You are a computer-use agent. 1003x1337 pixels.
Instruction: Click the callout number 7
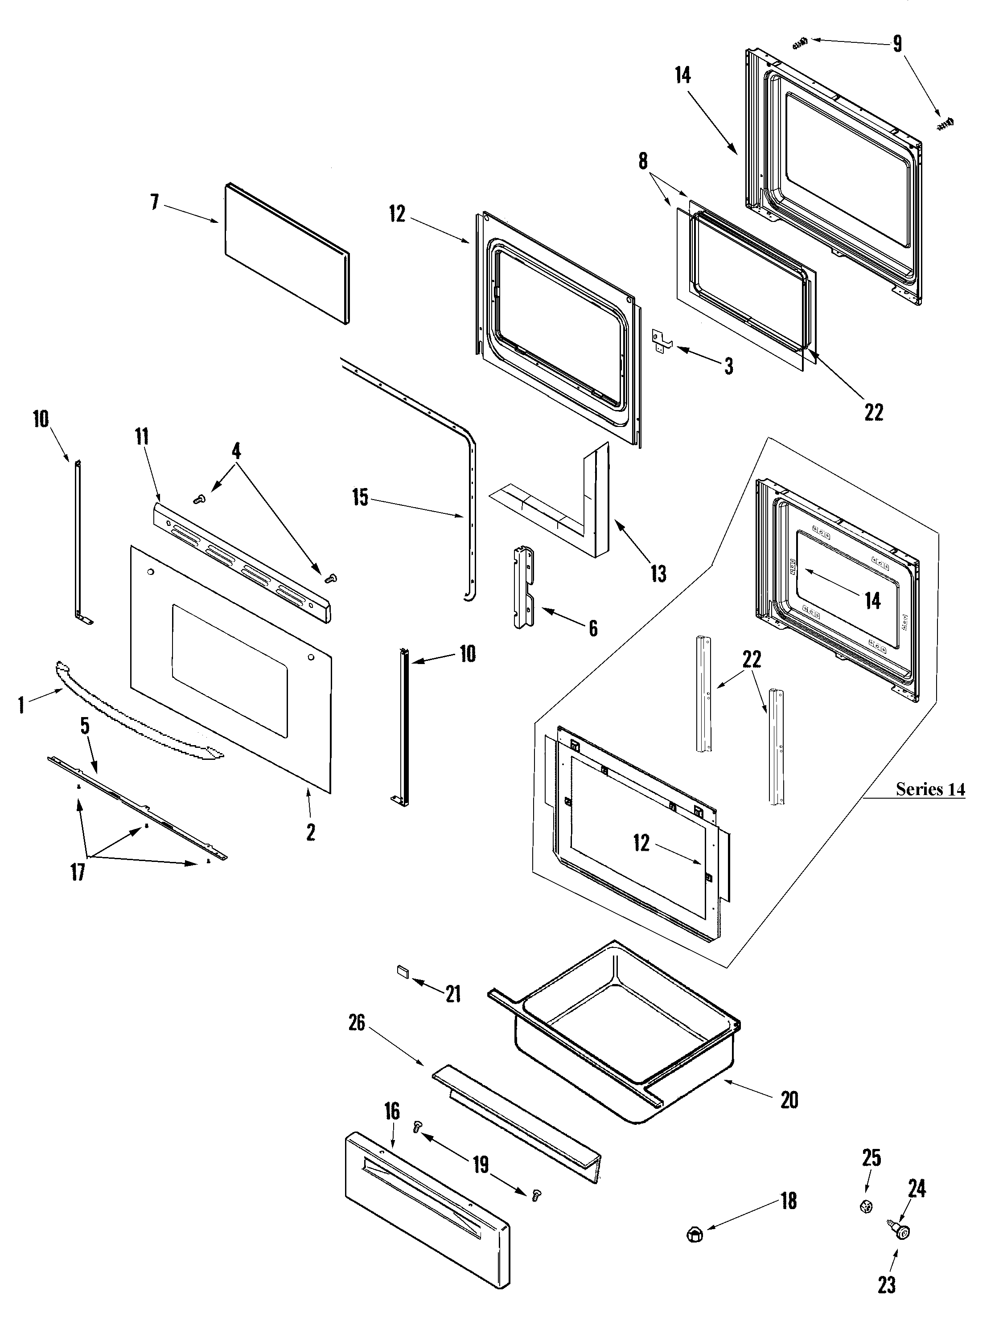point(155,202)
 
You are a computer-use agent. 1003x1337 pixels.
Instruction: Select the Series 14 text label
point(930,789)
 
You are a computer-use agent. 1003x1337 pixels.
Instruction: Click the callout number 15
point(360,497)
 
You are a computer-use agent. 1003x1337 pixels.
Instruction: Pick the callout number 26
point(357,1023)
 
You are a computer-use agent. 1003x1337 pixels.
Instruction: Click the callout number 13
point(658,573)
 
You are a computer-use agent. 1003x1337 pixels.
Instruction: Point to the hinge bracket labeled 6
point(524,587)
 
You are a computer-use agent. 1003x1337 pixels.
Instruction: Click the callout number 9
point(897,44)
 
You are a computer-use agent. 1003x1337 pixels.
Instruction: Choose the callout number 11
point(142,436)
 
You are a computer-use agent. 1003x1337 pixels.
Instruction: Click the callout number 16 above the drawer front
point(392,1111)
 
